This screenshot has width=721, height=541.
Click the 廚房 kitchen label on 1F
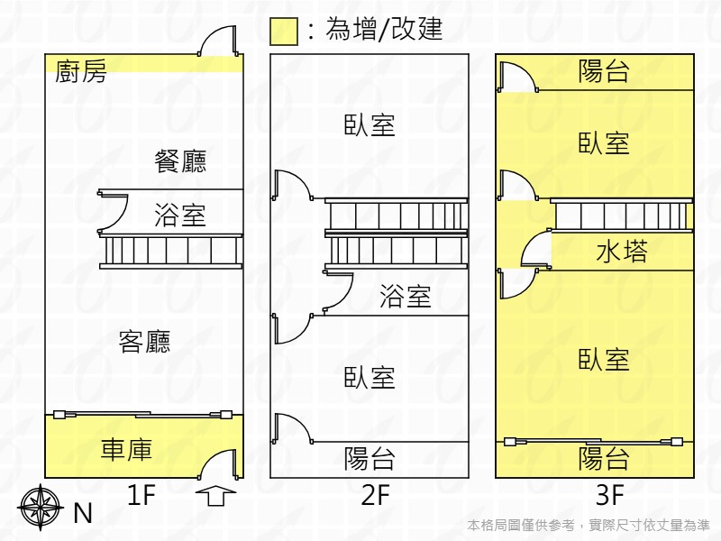(x=81, y=71)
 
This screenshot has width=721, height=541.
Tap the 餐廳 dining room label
(x=180, y=161)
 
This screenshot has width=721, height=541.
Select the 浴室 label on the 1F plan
(x=180, y=215)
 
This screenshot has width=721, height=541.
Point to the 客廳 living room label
(x=145, y=342)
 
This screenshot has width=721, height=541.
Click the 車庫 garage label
(x=126, y=450)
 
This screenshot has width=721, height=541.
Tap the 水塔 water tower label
(x=622, y=252)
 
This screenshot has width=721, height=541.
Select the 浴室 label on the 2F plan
(x=406, y=297)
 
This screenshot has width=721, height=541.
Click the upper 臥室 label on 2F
(x=370, y=125)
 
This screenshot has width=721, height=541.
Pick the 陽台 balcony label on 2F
(x=370, y=459)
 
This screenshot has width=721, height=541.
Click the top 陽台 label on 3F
(x=604, y=71)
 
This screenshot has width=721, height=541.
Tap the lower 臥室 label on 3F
(x=604, y=360)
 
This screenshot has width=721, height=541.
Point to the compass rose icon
(x=39, y=507)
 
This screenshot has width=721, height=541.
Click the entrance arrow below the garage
(x=215, y=496)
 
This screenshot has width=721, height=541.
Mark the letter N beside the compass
(x=83, y=513)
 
